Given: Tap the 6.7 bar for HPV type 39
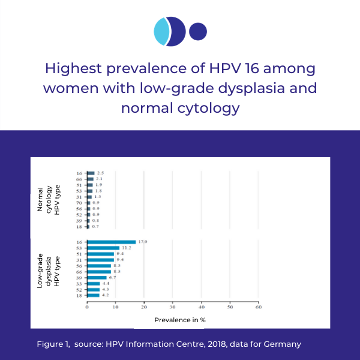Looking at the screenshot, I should tap(97, 277).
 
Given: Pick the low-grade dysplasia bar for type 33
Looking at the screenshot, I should tap(94, 283).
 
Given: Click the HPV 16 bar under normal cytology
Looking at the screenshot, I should tap(91, 173).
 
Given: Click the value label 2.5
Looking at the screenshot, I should tap(101, 173).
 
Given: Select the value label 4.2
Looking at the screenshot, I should tap(106, 295).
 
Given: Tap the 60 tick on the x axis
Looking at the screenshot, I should tap(258, 307).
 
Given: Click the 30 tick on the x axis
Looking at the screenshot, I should tap(172, 307).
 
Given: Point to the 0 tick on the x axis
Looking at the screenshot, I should tap(87, 307).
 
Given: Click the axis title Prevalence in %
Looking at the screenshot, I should tap(180, 320).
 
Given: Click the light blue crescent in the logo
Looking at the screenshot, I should tap(161, 32).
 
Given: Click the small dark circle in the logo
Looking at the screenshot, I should tap(198, 31).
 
